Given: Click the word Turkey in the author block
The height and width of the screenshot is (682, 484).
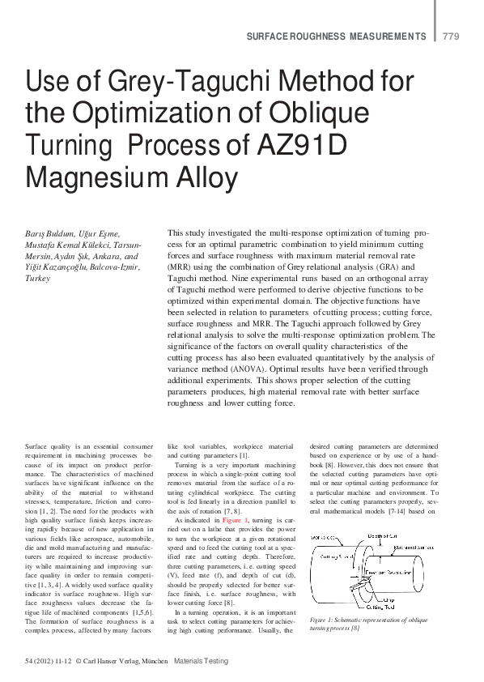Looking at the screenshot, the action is (x=38, y=276).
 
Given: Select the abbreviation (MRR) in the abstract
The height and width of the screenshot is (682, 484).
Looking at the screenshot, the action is (x=182, y=266).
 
